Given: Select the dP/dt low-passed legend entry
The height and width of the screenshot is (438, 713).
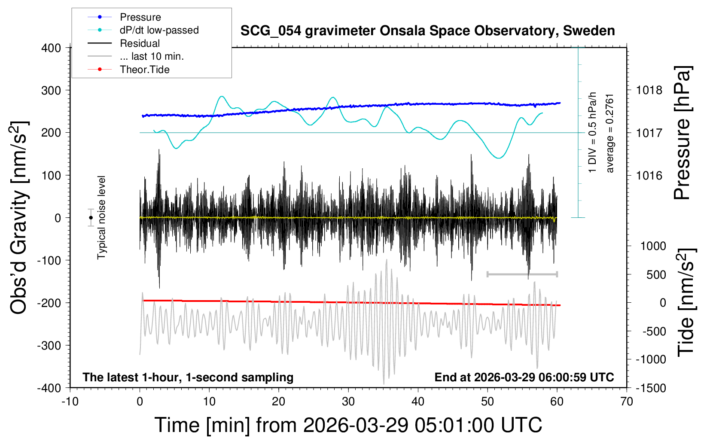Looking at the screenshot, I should click(x=159, y=30).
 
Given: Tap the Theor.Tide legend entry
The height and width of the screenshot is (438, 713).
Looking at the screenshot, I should click(x=144, y=70).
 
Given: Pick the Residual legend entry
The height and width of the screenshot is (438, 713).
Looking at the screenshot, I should click(x=140, y=43).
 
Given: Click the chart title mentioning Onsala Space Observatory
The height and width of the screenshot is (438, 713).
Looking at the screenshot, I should click(x=427, y=31).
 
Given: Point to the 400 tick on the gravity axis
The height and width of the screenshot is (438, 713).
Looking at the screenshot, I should click(x=52, y=48).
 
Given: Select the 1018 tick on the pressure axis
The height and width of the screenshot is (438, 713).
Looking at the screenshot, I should click(x=649, y=90).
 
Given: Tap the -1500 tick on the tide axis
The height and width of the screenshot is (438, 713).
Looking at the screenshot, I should click(x=650, y=388).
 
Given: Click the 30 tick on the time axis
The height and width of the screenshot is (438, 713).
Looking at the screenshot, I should click(x=348, y=402).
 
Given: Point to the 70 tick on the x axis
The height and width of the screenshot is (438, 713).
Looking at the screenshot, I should click(x=627, y=402).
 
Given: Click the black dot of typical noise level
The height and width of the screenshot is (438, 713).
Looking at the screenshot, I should click(x=91, y=218).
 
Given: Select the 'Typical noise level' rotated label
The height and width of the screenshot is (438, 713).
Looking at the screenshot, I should click(x=101, y=218).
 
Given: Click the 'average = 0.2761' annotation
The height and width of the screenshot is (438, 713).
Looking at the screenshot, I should click(x=610, y=133).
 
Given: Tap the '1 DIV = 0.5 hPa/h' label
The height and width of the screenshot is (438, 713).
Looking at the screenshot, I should click(x=593, y=132).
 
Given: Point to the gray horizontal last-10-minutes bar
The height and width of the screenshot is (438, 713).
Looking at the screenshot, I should click(x=522, y=274).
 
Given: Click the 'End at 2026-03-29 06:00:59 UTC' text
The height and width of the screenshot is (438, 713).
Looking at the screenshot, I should click(x=524, y=377).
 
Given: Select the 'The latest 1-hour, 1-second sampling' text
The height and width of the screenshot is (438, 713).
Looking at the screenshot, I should click(x=188, y=377).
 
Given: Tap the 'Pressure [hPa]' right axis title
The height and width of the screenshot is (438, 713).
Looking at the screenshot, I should click(x=683, y=133).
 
